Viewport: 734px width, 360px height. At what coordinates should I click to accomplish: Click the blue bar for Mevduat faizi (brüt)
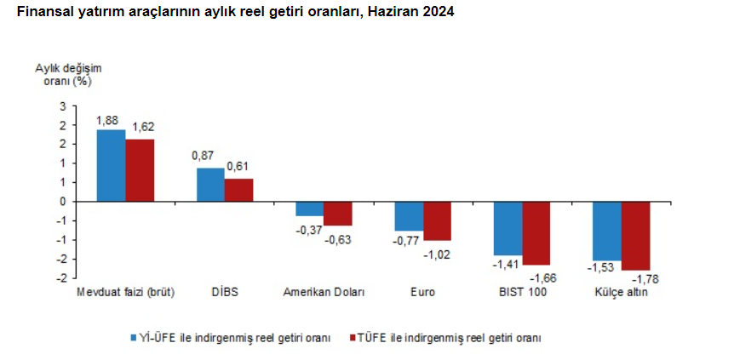point(111,165)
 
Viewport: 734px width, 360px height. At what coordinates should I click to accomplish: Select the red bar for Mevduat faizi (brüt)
point(140,169)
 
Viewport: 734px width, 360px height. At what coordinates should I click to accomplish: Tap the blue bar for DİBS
point(210,185)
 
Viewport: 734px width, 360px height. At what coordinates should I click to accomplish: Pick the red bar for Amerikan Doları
point(337,214)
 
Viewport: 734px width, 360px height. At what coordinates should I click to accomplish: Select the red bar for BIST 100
point(536,233)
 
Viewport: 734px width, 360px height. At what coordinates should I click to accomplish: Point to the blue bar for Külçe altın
point(607,231)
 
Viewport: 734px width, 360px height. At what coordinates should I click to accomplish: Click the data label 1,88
point(106,120)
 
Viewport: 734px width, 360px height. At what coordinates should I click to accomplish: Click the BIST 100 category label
point(523,292)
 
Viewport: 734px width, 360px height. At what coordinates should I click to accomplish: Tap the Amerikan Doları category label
point(324,292)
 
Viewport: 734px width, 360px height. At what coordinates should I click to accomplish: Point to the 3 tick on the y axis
point(62,106)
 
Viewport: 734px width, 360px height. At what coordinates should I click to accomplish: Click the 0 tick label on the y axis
point(62,202)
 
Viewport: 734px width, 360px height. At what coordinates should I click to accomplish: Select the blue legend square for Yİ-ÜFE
point(134,337)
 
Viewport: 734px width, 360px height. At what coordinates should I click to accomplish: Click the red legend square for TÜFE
point(351,337)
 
